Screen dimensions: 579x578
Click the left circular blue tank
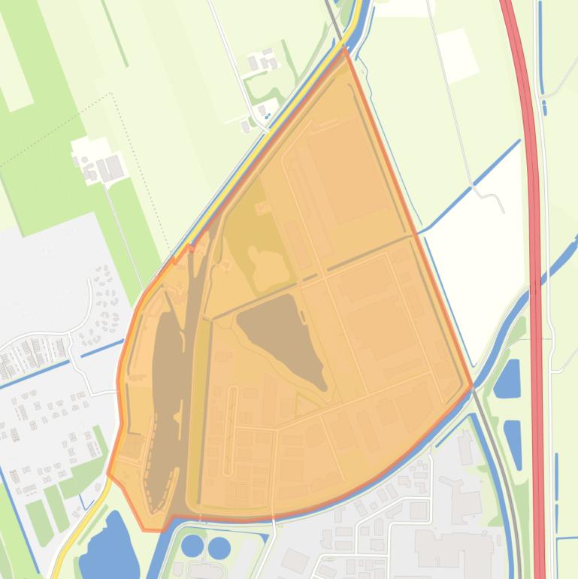tap(193, 545)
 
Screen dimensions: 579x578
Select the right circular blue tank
tap(219, 547)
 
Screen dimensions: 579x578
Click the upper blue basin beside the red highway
tap(509, 378)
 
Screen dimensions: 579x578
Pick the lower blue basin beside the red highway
tap(513, 443)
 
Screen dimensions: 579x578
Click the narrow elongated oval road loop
tap(232, 410)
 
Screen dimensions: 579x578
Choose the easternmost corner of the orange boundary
tap(471, 387)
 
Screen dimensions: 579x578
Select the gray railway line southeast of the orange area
tap(505, 481)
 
